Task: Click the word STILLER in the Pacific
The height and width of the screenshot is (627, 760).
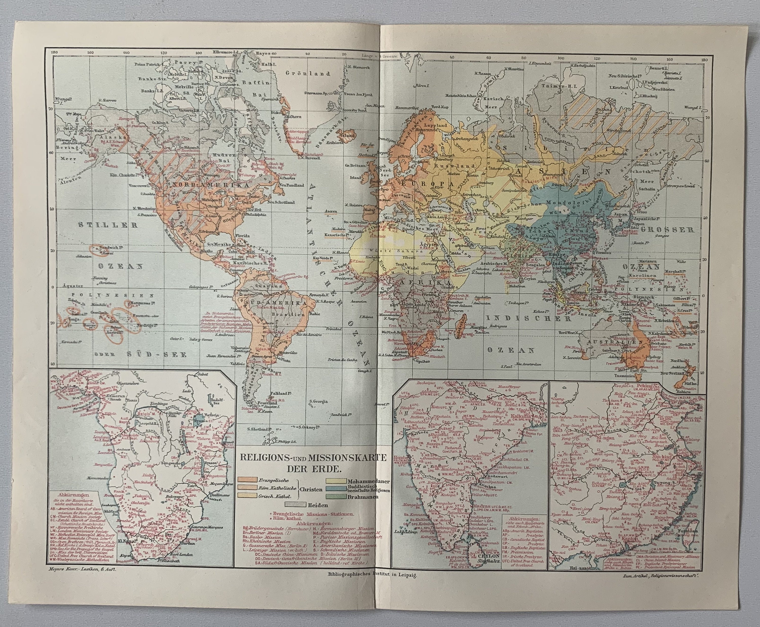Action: pos(109,225)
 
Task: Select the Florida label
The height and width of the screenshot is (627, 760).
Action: pos(243,236)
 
